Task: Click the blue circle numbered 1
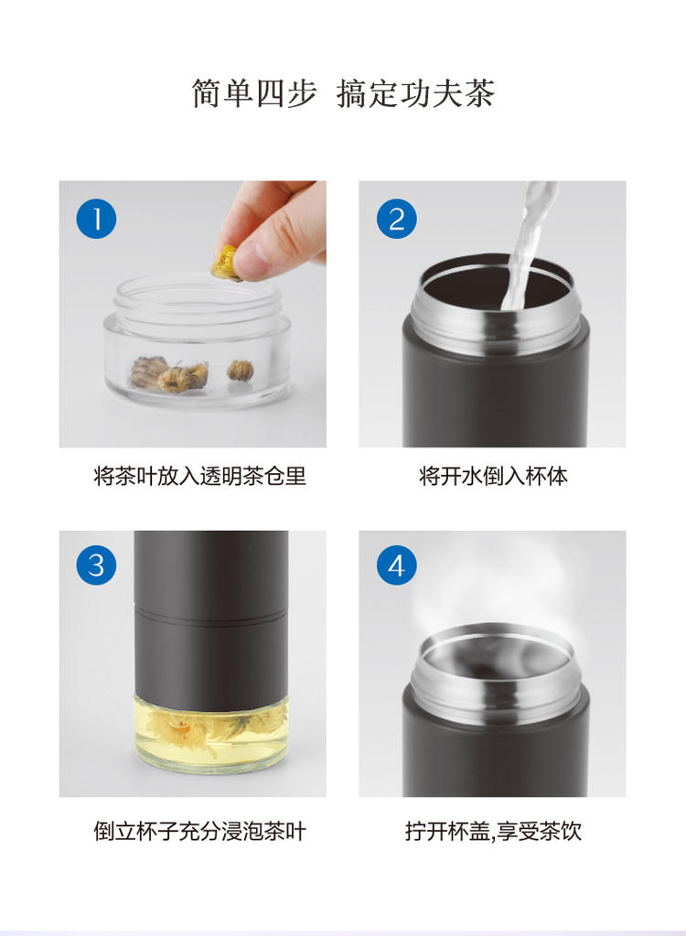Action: (96, 219)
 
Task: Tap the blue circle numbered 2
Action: (397, 219)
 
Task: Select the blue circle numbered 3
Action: (96, 565)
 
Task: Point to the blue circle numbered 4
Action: (397, 565)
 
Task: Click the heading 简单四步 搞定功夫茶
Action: (343, 93)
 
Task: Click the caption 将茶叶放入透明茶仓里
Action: (199, 477)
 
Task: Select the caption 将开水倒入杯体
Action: (493, 477)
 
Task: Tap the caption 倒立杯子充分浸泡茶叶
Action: (199, 831)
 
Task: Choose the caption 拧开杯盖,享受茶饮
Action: (493, 831)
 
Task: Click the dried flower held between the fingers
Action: (227, 262)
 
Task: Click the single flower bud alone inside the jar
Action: (241, 371)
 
